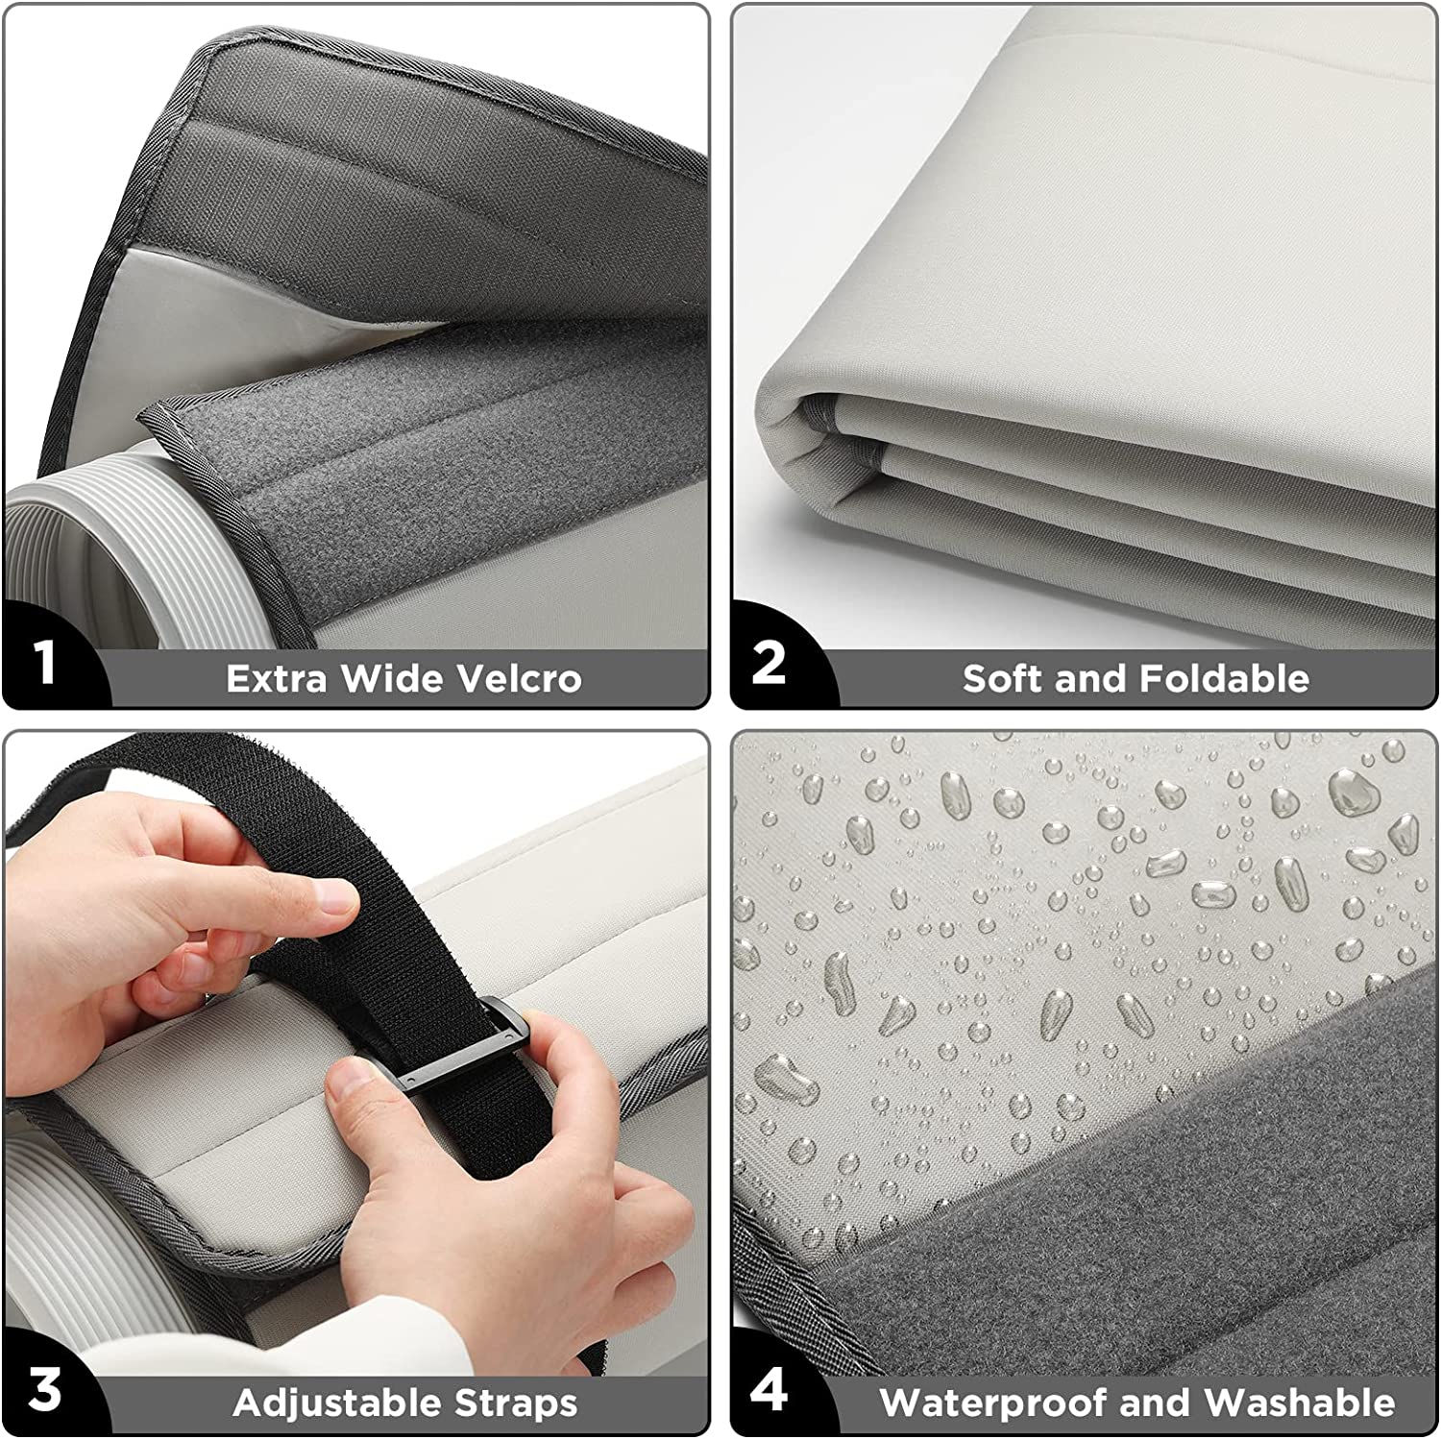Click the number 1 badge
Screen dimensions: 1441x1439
pos(45,662)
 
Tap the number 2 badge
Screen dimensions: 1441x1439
pos(769,662)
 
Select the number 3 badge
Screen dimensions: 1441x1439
pos(44,1389)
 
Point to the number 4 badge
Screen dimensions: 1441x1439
pos(769,1389)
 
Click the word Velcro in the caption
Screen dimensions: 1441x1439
pos(520,678)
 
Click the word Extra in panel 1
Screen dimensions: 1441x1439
pos(279,678)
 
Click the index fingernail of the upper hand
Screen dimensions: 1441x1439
pos(335,899)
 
